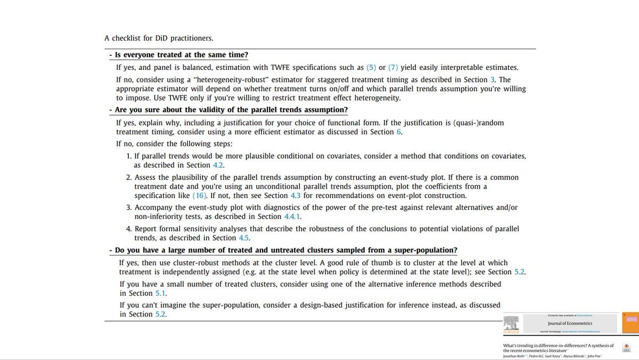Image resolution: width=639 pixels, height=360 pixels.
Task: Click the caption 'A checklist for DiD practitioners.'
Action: [159, 38]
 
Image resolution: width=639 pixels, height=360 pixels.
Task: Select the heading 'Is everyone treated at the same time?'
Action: [181, 55]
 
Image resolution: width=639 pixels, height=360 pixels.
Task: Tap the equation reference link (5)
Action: [371, 68]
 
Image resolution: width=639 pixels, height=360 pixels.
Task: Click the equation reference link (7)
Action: [393, 68]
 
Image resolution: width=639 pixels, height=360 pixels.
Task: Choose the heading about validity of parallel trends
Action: [231, 110]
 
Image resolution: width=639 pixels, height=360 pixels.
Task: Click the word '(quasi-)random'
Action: [479, 123]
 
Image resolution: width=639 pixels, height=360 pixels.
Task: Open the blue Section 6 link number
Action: [399, 132]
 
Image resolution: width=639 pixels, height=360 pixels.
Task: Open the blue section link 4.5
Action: [244, 238]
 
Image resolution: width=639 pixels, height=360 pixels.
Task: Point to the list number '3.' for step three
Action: [129, 207]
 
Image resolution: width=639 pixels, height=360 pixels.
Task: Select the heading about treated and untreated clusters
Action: [286, 250]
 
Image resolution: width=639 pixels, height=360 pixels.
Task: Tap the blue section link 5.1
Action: [161, 293]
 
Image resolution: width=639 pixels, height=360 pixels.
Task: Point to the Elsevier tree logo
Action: [512, 324]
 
